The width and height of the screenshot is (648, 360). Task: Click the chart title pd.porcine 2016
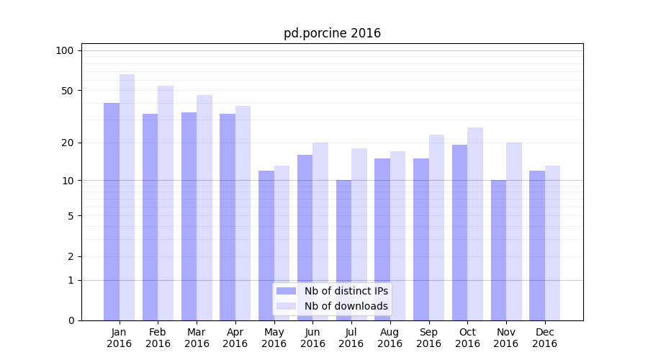(332, 33)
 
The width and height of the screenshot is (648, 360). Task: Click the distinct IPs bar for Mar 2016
(189, 216)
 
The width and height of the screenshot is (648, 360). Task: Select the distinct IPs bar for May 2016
(266, 246)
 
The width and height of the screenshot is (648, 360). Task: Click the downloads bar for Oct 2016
(475, 224)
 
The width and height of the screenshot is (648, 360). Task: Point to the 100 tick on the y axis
(65, 50)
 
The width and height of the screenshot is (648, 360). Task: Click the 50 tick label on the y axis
(67, 91)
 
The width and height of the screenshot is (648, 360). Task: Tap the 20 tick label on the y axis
(67, 143)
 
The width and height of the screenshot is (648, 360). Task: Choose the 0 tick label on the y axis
(71, 320)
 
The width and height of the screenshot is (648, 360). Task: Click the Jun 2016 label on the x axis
(312, 338)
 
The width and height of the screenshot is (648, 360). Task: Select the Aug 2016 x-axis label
(390, 338)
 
